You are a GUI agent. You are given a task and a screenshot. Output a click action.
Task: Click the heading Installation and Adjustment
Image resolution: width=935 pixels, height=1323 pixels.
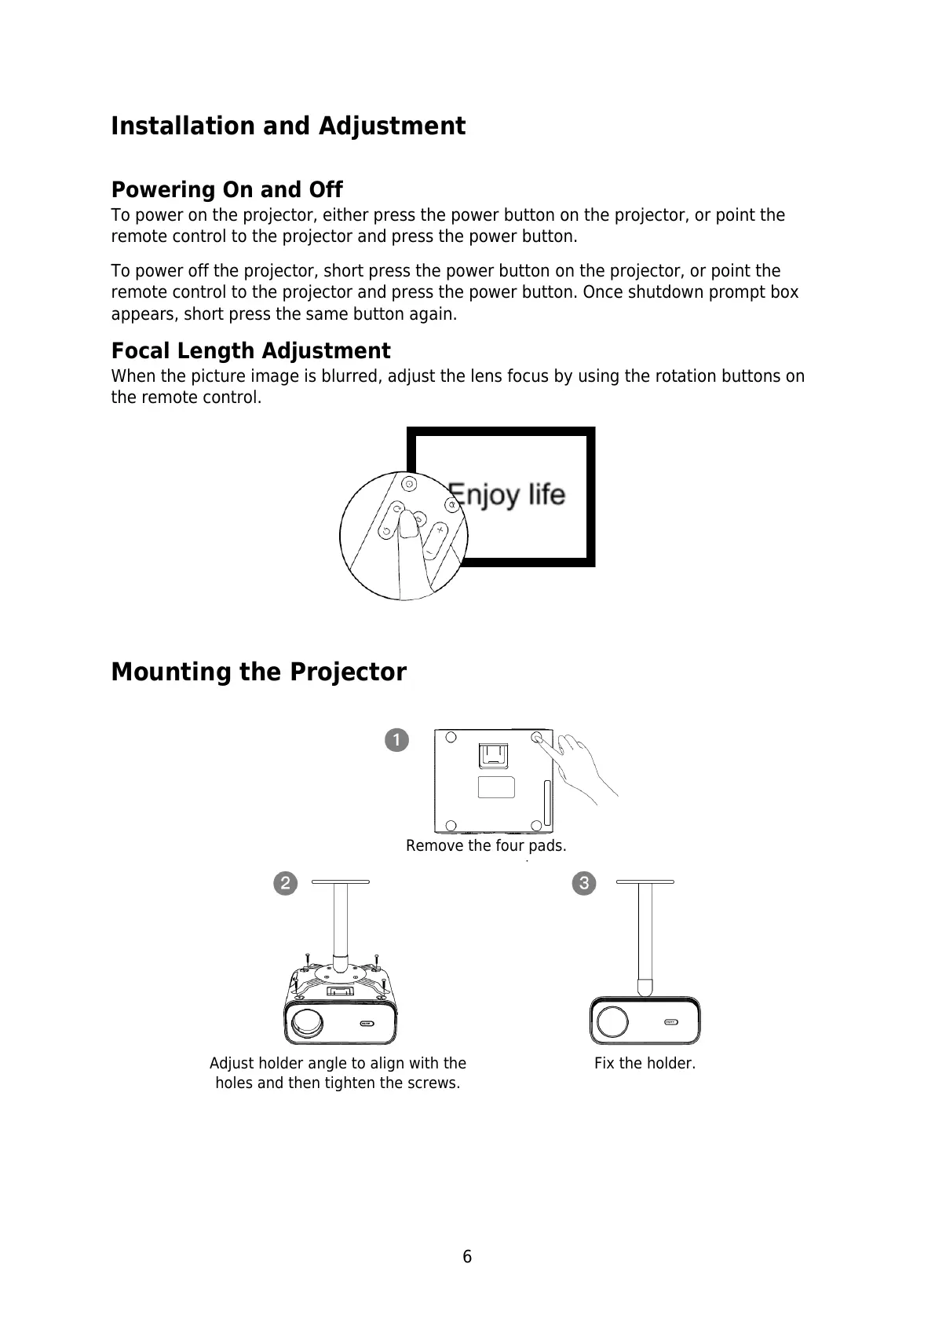pos(288,126)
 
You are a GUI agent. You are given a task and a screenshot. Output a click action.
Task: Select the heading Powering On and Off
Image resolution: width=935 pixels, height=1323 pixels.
pos(227,190)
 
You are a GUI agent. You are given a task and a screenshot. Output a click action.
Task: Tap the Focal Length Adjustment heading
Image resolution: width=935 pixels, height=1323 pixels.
pos(250,350)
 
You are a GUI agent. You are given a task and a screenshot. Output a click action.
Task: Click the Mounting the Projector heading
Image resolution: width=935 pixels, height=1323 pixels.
pos(258,672)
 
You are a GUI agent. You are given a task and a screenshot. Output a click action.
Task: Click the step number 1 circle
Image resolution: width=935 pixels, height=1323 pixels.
pos(397,740)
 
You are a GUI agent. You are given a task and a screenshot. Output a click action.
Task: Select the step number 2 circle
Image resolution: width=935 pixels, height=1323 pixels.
pos(285,883)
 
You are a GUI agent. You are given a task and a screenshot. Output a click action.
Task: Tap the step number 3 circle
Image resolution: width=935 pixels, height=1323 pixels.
pos(584,883)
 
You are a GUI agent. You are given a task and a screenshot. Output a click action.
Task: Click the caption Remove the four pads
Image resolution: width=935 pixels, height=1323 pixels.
pos(486,846)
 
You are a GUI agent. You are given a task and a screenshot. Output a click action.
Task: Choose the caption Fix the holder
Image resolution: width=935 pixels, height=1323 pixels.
pos(645,1064)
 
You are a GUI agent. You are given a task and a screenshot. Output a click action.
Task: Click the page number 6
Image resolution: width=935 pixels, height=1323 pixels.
pos(467,1257)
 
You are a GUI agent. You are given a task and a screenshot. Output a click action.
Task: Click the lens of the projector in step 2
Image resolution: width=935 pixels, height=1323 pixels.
pos(307,1022)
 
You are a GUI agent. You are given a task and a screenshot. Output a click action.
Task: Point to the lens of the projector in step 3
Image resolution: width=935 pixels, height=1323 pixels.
pos(612,1022)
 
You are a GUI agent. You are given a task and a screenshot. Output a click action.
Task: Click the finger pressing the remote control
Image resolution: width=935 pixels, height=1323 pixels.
pos(409,542)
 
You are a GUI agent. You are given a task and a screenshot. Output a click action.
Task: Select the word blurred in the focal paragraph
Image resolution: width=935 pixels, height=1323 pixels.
pos(351,376)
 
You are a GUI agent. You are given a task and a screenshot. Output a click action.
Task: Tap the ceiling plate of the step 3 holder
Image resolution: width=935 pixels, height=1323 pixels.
pos(645,882)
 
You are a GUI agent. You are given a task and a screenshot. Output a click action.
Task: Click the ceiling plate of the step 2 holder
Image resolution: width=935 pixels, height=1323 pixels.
pos(340,882)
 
